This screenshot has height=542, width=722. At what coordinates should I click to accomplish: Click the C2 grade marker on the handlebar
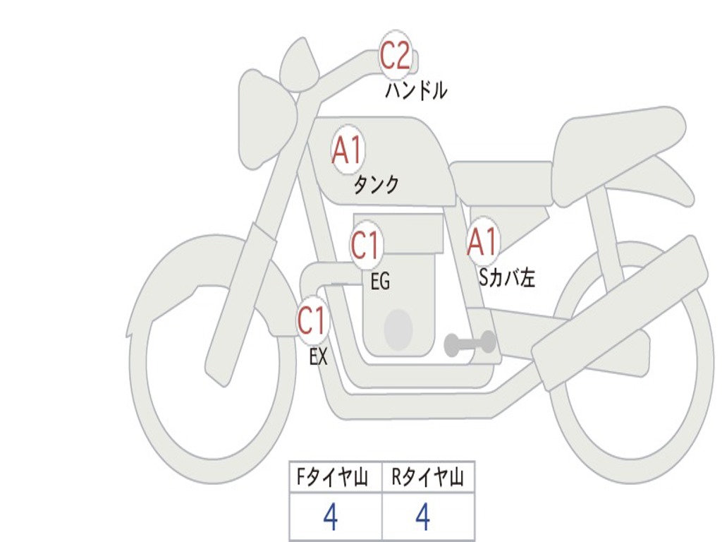point(396,56)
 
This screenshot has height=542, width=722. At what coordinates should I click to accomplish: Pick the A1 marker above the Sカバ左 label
point(483,243)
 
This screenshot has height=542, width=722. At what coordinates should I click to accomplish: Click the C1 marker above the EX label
point(312,321)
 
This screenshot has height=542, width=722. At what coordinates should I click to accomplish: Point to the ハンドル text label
point(416,91)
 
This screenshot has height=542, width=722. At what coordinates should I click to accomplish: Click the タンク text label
point(376,185)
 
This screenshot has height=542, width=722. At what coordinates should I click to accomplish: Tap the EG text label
point(380,282)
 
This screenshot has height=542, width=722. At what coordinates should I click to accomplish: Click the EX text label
point(319,357)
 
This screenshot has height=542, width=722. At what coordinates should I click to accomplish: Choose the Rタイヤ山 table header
point(428,479)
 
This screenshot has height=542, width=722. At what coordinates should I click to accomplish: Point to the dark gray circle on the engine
point(398,329)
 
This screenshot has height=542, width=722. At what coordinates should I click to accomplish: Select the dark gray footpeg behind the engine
point(470,344)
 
